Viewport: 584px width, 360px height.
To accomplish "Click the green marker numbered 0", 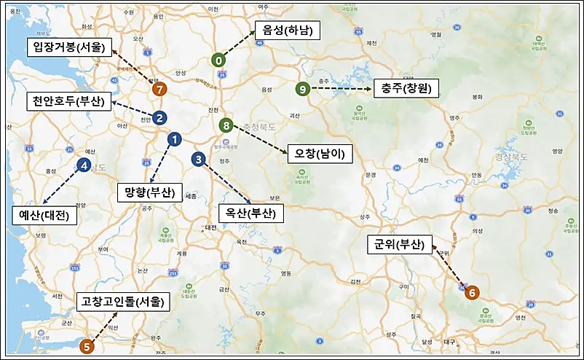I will [x=218, y=60].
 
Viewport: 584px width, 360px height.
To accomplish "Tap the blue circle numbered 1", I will [x=174, y=138].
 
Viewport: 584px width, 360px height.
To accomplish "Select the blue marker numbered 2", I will [x=159, y=117].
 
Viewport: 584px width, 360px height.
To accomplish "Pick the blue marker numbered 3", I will [x=198, y=159].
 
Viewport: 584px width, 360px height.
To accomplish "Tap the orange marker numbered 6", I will [x=472, y=292].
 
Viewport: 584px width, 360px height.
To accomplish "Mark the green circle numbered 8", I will [x=226, y=125].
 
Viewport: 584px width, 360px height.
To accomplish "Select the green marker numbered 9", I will [x=303, y=88].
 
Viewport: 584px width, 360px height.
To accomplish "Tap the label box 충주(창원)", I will [x=406, y=89].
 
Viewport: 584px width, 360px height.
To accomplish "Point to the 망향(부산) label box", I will [x=149, y=193].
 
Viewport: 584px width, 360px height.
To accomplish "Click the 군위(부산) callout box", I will [x=400, y=243].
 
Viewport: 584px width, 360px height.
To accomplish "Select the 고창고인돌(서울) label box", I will [x=123, y=301].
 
